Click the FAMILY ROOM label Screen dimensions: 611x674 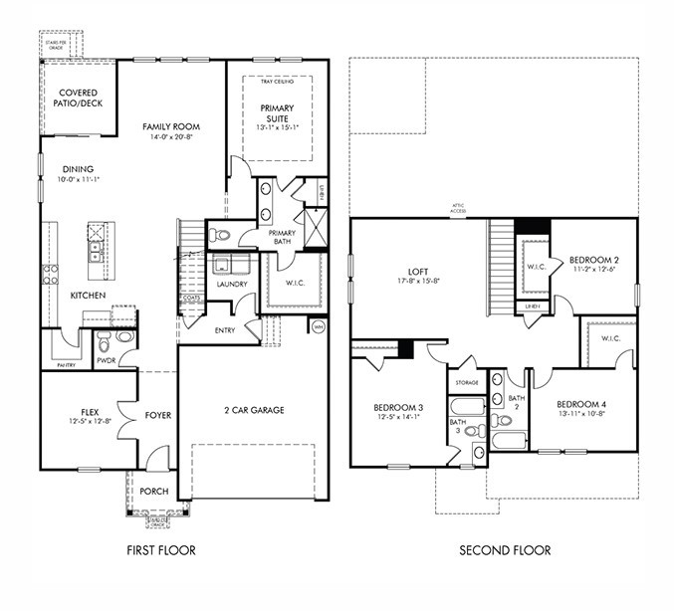[170, 127]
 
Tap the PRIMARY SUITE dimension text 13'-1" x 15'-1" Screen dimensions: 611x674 [277, 127]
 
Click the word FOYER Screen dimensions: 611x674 [158, 416]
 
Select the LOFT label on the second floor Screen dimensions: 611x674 [418, 271]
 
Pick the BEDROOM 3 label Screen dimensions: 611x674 [398, 408]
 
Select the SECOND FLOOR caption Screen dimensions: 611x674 [504, 550]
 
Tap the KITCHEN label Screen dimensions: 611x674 [88, 296]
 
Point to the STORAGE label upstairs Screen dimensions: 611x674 [467, 382]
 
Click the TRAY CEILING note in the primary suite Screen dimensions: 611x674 [277, 82]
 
